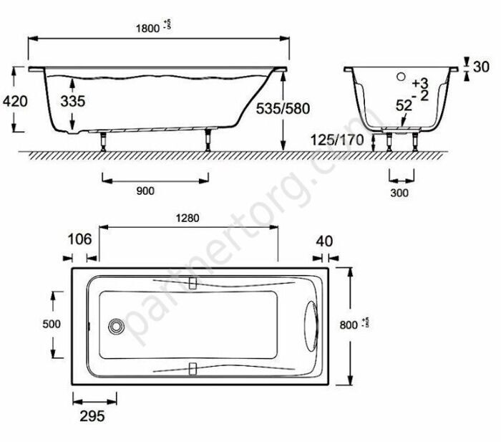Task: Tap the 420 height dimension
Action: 15,101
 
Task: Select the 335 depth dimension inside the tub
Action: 72,102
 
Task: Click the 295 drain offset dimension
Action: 92,415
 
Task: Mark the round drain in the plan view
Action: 115,326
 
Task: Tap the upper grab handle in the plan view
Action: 192,282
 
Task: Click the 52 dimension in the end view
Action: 404,105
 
